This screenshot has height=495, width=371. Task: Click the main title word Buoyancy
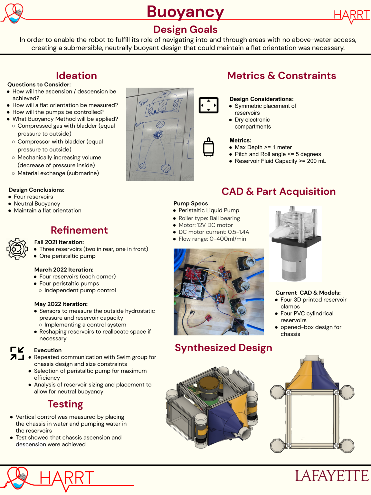click(185, 12)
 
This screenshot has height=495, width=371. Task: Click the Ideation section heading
click(76, 75)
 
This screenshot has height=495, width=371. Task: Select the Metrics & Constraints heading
click(281, 75)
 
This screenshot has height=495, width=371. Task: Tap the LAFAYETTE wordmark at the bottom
click(332, 476)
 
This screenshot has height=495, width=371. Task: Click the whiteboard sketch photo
click(160, 134)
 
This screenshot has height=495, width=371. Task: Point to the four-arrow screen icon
click(208, 105)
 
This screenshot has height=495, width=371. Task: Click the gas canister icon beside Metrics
click(208, 147)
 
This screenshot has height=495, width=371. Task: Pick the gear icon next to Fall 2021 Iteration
click(17, 249)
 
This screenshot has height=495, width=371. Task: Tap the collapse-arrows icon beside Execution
click(17, 353)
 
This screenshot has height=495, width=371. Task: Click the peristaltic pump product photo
click(295, 244)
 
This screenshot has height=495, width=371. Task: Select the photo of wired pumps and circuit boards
click(219, 292)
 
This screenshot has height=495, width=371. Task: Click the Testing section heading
click(65, 404)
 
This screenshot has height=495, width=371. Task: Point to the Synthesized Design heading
click(223, 348)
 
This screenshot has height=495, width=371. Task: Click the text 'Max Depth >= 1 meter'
click(263, 147)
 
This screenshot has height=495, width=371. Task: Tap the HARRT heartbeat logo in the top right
click(352, 15)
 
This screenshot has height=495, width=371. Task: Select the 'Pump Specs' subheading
click(191, 203)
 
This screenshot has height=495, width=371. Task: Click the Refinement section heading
click(79, 230)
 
